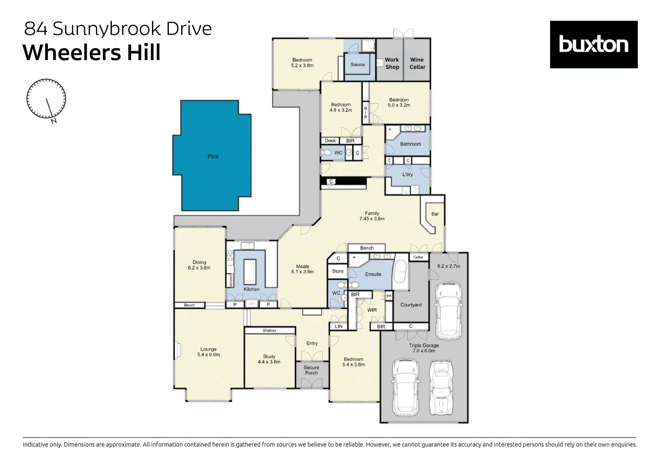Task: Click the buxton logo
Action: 593,44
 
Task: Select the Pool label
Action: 213,156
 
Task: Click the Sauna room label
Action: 357,64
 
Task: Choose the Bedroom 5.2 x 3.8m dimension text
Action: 302,65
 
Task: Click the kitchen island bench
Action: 250,272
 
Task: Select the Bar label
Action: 435,214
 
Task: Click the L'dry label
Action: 407,174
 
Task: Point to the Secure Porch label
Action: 311,370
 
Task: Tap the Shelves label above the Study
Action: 269,331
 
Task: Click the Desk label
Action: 330,141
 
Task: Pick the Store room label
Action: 338,271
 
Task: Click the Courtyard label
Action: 411,305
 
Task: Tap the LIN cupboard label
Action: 338,326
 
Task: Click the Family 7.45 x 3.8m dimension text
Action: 372,218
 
